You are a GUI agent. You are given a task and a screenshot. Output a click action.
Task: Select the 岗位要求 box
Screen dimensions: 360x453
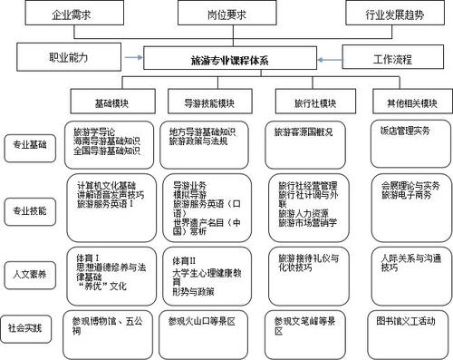[x=223, y=15]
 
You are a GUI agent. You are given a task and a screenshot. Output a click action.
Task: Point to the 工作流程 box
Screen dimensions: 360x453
[x=392, y=59]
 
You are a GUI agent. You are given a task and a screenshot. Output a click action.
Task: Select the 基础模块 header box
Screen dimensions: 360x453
[x=112, y=102]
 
